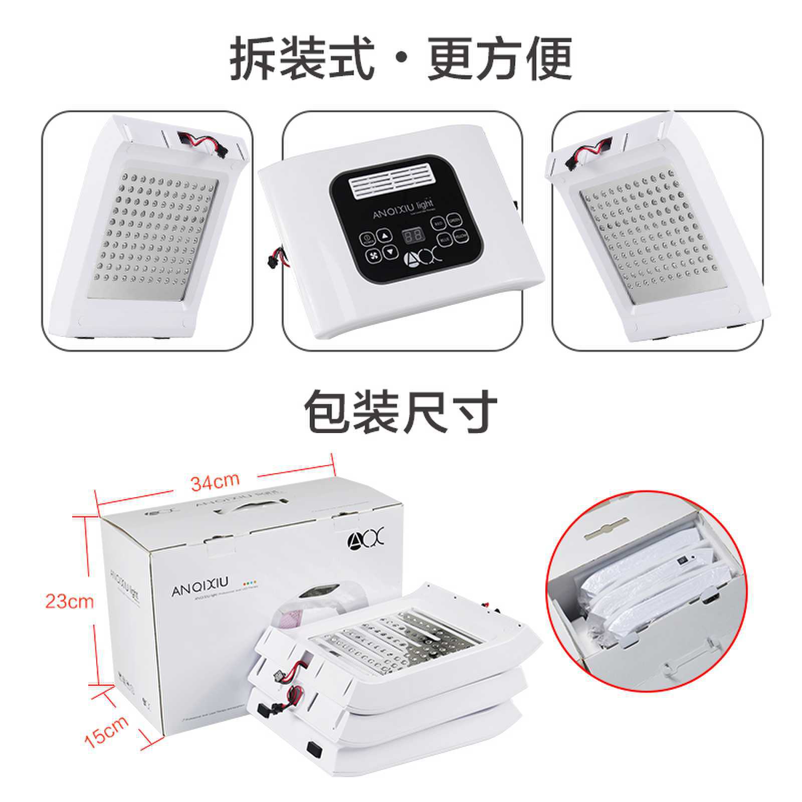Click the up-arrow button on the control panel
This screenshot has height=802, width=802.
(x=384, y=235)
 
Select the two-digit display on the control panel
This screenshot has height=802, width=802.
(x=411, y=236)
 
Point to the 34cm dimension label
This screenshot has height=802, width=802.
(x=215, y=482)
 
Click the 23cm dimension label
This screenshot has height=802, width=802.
(x=70, y=600)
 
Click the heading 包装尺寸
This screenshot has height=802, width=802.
(x=401, y=412)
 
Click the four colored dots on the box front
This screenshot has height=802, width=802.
(x=250, y=584)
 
